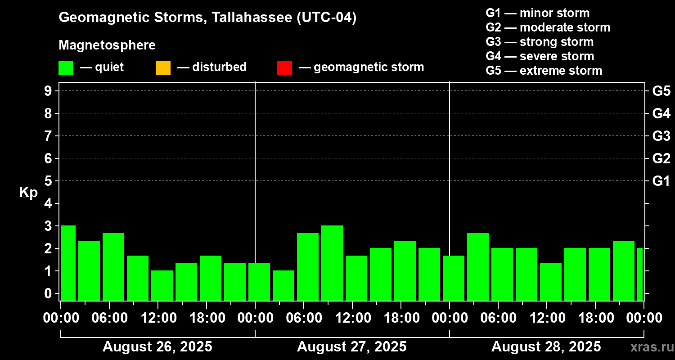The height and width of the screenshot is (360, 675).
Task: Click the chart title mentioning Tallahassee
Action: pyautogui.click(x=207, y=18)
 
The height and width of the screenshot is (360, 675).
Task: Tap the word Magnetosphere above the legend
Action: pyautogui.click(x=107, y=45)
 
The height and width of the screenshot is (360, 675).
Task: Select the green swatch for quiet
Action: pyautogui.click(x=66, y=68)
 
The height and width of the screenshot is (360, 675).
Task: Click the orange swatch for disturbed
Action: pyautogui.click(x=163, y=68)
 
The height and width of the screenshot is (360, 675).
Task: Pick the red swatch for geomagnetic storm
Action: pyautogui.click(x=284, y=68)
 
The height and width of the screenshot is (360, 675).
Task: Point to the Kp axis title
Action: pyautogui.click(x=28, y=193)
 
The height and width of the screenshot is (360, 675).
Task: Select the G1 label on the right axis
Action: pyautogui.click(x=661, y=181)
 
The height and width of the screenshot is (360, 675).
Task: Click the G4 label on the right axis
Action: pyautogui.click(x=661, y=113)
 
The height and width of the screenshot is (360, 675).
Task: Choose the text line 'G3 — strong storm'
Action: pyautogui.click(x=540, y=42)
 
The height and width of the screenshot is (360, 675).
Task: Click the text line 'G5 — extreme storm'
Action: pyautogui.click(x=544, y=71)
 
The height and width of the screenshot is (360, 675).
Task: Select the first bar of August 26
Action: pyautogui.click(x=68, y=263)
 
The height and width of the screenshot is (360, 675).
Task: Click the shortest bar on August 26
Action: pyautogui.click(x=162, y=285)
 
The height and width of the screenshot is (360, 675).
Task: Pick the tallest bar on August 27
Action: pyautogui.click(x=332, y=263)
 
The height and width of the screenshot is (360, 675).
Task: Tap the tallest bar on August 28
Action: pyautogui.click(x=478, y=266)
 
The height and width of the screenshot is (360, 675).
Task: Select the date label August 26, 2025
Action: pyautogui.click(x=157, y=347)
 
